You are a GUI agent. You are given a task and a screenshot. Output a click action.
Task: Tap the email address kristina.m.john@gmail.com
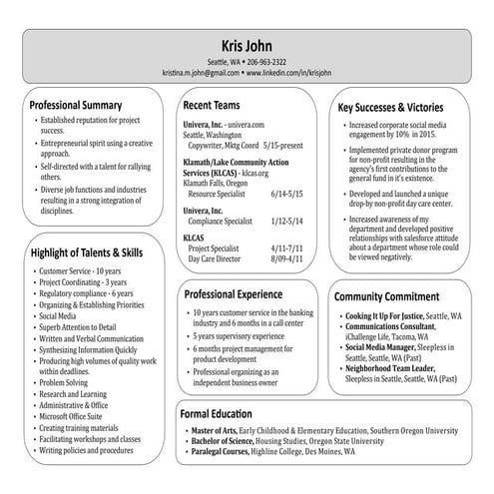(205, 73)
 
